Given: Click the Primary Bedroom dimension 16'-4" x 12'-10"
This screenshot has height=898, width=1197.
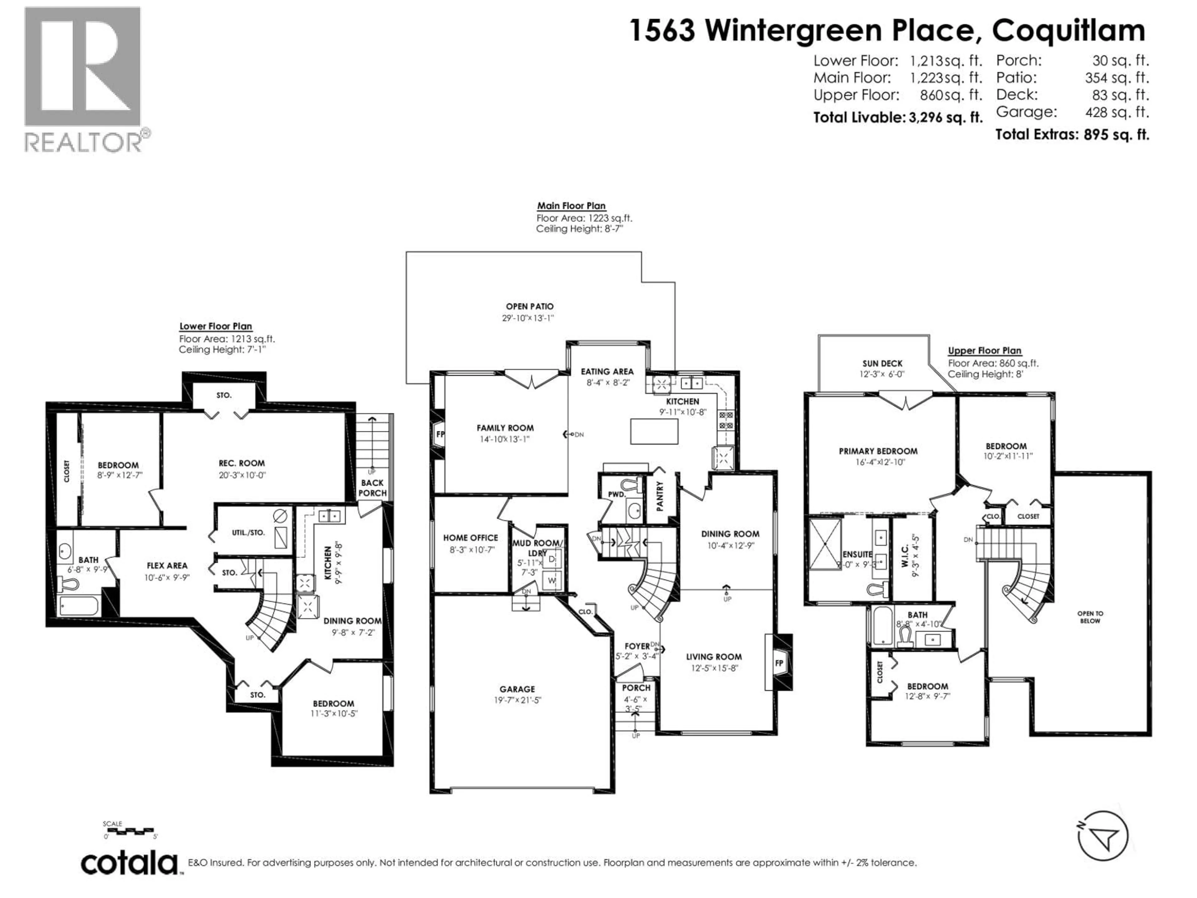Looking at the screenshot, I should pos(878,462).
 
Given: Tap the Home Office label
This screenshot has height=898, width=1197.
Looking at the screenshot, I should pos(470,538).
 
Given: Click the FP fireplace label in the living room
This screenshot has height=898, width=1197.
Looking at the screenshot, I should pos(779,663).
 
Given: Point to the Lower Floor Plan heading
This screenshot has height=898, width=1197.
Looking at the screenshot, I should pos(215,326).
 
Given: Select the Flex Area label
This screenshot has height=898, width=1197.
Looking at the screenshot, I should pos(167,566).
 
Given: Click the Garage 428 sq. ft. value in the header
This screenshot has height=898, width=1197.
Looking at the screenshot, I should pos(1116,112).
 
